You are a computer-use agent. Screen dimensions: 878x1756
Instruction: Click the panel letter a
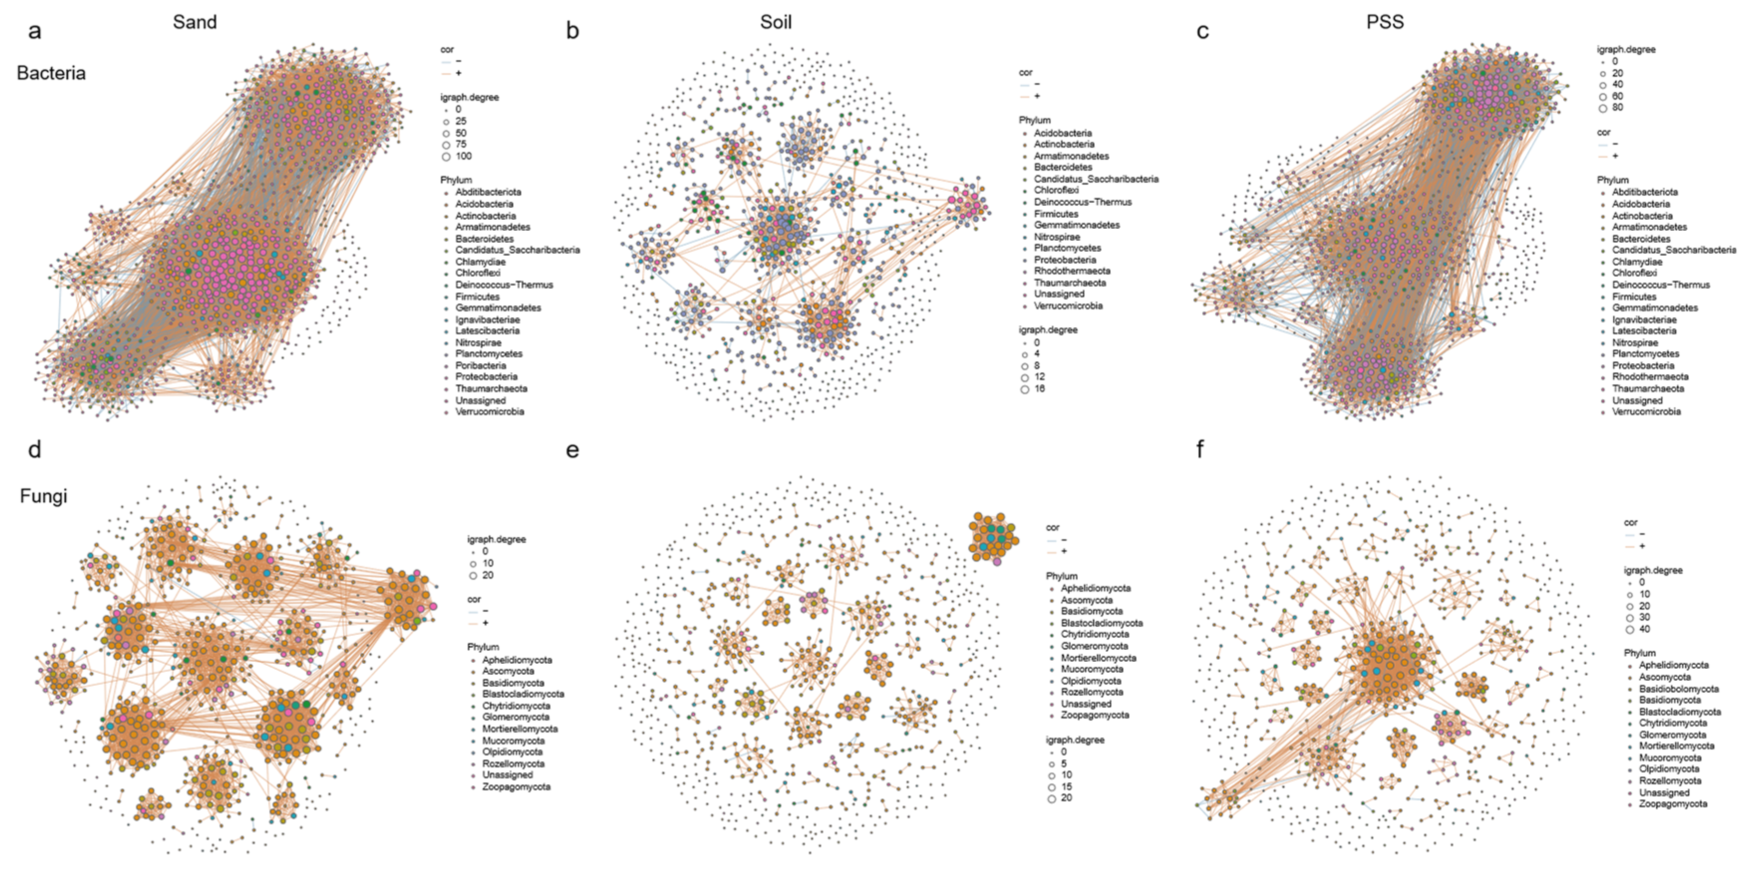34,31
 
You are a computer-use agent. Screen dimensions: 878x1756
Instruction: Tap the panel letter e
573,450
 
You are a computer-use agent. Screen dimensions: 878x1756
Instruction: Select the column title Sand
194,22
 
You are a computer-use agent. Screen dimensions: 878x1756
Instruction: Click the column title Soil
776,22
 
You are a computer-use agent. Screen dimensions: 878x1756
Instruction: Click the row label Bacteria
51,73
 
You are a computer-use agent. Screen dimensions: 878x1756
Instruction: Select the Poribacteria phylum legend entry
480,365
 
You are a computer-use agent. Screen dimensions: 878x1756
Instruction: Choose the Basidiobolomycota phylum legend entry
1678,689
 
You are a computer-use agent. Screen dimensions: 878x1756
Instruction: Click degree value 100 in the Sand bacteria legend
463,156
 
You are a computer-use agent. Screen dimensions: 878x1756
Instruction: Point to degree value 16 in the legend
1039,389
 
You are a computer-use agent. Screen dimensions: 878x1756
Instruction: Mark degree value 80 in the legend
1617,108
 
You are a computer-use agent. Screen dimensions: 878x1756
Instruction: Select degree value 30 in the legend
1644,617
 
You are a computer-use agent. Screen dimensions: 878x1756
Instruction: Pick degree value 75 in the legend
461,145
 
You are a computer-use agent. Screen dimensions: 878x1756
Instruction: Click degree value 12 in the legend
1039,377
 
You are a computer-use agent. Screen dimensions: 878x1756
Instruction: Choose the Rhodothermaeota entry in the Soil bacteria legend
1072,271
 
